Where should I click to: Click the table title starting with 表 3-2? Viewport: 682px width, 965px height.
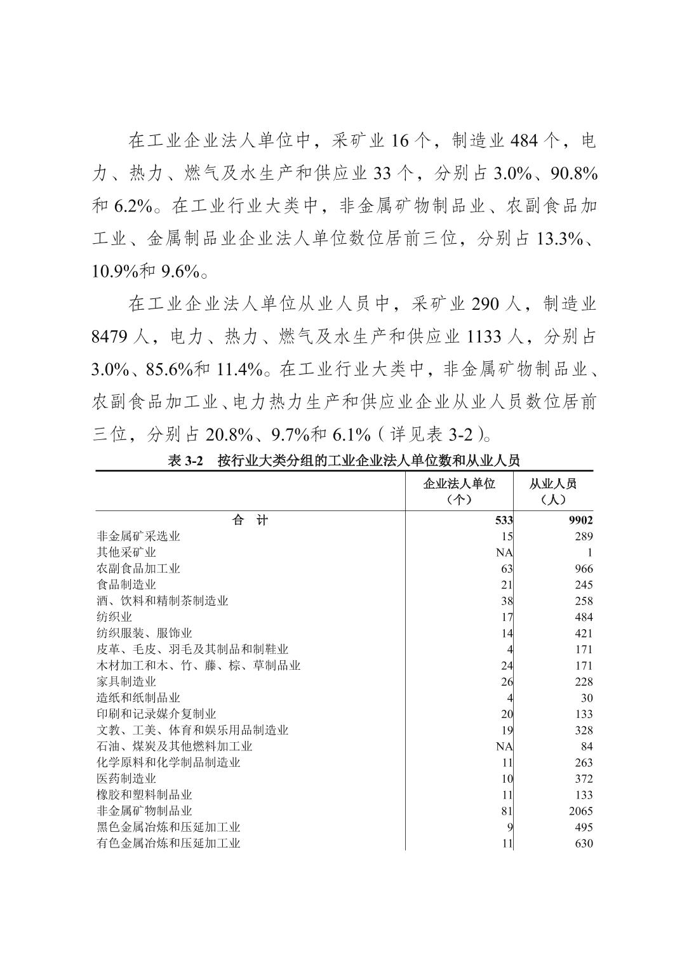point(344,461)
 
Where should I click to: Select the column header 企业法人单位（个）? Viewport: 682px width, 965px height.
point(459,491)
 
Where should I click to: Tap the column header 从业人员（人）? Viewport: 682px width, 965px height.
point(552,491)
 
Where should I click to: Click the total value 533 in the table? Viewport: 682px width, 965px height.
point(504,520)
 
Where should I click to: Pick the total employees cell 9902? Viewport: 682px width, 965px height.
point(580,520)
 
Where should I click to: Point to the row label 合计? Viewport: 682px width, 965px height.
point(250,520)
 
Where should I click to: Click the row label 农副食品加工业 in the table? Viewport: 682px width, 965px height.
point(138,568)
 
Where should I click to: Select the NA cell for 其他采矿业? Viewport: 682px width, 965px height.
point(504,552)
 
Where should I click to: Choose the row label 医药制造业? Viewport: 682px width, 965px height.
point(126,778)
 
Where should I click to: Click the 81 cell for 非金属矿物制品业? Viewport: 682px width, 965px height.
point(507,811)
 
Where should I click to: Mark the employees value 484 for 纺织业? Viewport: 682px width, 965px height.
point(582,617)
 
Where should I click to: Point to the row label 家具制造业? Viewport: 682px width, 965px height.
point(126,681)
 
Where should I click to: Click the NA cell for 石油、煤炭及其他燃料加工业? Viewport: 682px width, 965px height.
point(504,746)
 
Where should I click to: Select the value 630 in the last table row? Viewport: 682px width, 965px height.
point(582,843)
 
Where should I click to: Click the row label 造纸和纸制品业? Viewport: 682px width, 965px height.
point(138,698)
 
